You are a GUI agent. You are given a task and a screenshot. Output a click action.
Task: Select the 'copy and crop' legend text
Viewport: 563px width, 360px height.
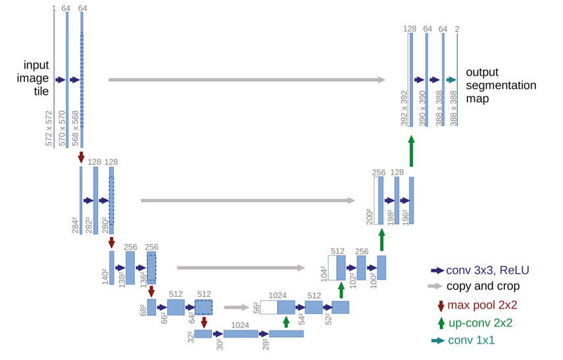point(483,286)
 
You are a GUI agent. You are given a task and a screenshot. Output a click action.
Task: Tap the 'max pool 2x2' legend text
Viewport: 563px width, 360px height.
point(482,305)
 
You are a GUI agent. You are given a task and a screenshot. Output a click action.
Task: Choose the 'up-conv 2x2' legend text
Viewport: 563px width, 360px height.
point(481,323)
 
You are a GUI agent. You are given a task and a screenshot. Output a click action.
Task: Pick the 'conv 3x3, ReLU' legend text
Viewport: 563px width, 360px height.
point(487,270)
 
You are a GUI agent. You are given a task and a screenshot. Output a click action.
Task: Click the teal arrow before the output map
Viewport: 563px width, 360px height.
point(451,80)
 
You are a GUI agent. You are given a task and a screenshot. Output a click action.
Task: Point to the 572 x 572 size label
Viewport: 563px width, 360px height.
point(49,128)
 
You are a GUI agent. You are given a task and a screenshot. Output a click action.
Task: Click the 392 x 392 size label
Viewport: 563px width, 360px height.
point(404,109)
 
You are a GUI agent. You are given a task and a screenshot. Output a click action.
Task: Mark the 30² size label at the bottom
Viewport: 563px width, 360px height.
point(219,343)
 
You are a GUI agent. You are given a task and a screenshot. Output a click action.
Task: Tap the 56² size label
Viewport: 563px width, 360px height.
point(256,308)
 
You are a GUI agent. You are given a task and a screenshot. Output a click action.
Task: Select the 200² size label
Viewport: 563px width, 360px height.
point(369,216)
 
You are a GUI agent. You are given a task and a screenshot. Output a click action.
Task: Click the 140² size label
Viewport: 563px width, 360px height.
point(105,276)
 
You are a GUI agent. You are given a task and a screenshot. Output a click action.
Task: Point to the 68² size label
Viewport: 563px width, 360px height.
point(143,309)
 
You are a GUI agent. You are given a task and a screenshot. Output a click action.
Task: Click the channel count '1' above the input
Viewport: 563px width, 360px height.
point(54,9)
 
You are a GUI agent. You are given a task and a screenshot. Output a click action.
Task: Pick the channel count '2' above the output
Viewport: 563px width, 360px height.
point(457,29)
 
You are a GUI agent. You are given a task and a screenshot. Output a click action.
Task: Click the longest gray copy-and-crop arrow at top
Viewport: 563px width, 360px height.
point(246,80)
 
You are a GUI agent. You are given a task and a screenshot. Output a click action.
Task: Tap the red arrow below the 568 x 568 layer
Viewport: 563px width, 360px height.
point(81,157)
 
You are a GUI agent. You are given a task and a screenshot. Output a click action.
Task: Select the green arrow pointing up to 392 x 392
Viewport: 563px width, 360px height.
point(411,151)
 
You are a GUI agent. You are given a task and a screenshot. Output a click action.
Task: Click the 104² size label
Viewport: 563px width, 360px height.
point(323,272)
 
